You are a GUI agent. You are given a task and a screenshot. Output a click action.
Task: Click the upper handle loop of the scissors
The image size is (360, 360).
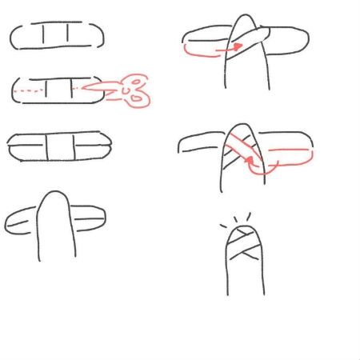[137, 82]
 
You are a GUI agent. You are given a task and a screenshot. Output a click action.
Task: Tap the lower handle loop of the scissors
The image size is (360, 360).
[140, 98]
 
